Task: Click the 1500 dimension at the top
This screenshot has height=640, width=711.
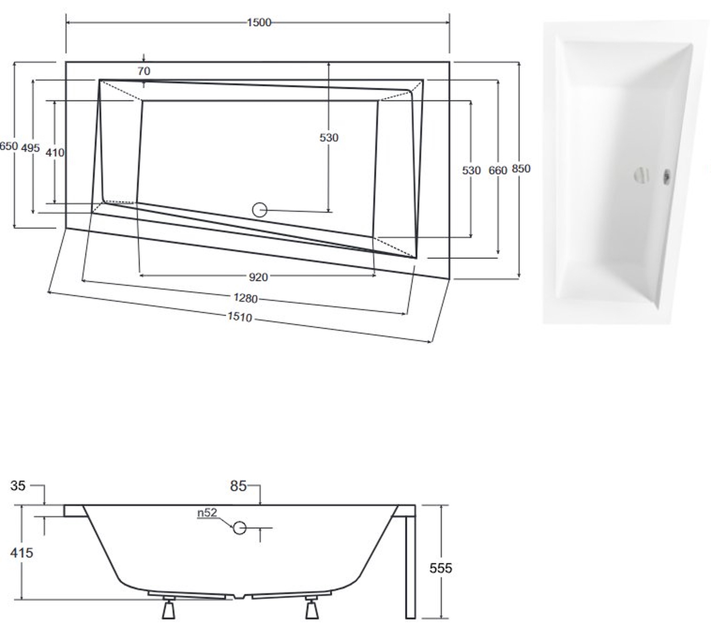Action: coord(259,22)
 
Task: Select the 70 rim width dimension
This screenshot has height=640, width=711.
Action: coord(144,71)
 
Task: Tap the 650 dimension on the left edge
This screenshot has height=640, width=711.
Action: coord(9,146)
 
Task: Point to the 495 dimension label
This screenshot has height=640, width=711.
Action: coord(30,148)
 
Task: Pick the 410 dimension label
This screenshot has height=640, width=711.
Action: coord(55,153)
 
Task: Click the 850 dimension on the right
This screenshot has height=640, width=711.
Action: coord(521,169)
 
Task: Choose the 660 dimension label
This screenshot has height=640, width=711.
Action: coord(498,170)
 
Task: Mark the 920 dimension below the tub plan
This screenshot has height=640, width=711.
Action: coord(258,277)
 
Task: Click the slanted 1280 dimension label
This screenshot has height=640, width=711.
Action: coord(246,298)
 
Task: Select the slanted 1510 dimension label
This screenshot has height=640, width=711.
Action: coord(240,316)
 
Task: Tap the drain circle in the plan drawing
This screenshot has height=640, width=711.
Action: coord(260,210)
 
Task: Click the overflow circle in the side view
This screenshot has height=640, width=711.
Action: coord(240,528)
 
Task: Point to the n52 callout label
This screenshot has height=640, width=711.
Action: coord(207,512)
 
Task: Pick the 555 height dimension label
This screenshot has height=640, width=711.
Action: coord(441,568)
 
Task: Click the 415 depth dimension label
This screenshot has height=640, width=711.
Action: coord(21,553)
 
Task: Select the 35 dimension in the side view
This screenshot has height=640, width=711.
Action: coord(18,486)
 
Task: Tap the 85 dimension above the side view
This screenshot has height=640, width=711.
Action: coord(238,486)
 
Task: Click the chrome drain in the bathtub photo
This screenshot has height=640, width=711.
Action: coord(642,175)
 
